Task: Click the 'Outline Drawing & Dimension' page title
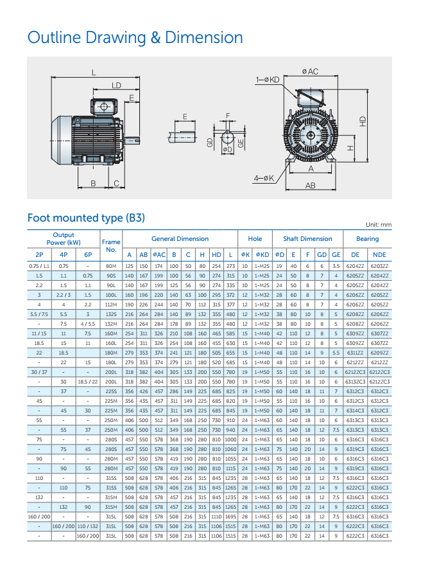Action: coord(135,38)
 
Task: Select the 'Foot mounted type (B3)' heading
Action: coord(86,218)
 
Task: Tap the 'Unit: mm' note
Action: coord(379,224)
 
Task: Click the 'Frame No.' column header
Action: coord(111,246)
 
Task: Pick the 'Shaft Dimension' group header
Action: coord(307,239)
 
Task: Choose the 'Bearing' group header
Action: coord(367,239)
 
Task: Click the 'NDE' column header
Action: coord(379,255)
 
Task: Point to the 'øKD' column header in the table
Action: coord(262,255)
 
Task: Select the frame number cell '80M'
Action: coord(111,267)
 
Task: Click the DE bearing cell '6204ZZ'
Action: coord(355,267)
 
